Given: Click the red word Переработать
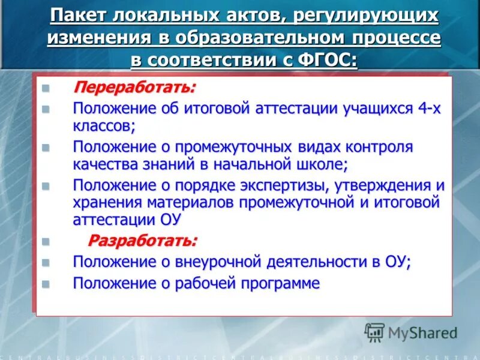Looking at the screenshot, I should click(134, 88).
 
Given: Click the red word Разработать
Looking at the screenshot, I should click(143, 241).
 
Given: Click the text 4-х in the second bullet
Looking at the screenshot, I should click(432, 109).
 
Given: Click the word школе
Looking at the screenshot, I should click(319, 164).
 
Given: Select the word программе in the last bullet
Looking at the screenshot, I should click(278, 283).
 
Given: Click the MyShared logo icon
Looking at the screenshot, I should click(374, 332).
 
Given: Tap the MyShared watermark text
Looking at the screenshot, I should click(423, 332).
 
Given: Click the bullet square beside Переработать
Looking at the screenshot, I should click(45, 89).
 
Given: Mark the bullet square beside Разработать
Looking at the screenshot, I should click(45, 242).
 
